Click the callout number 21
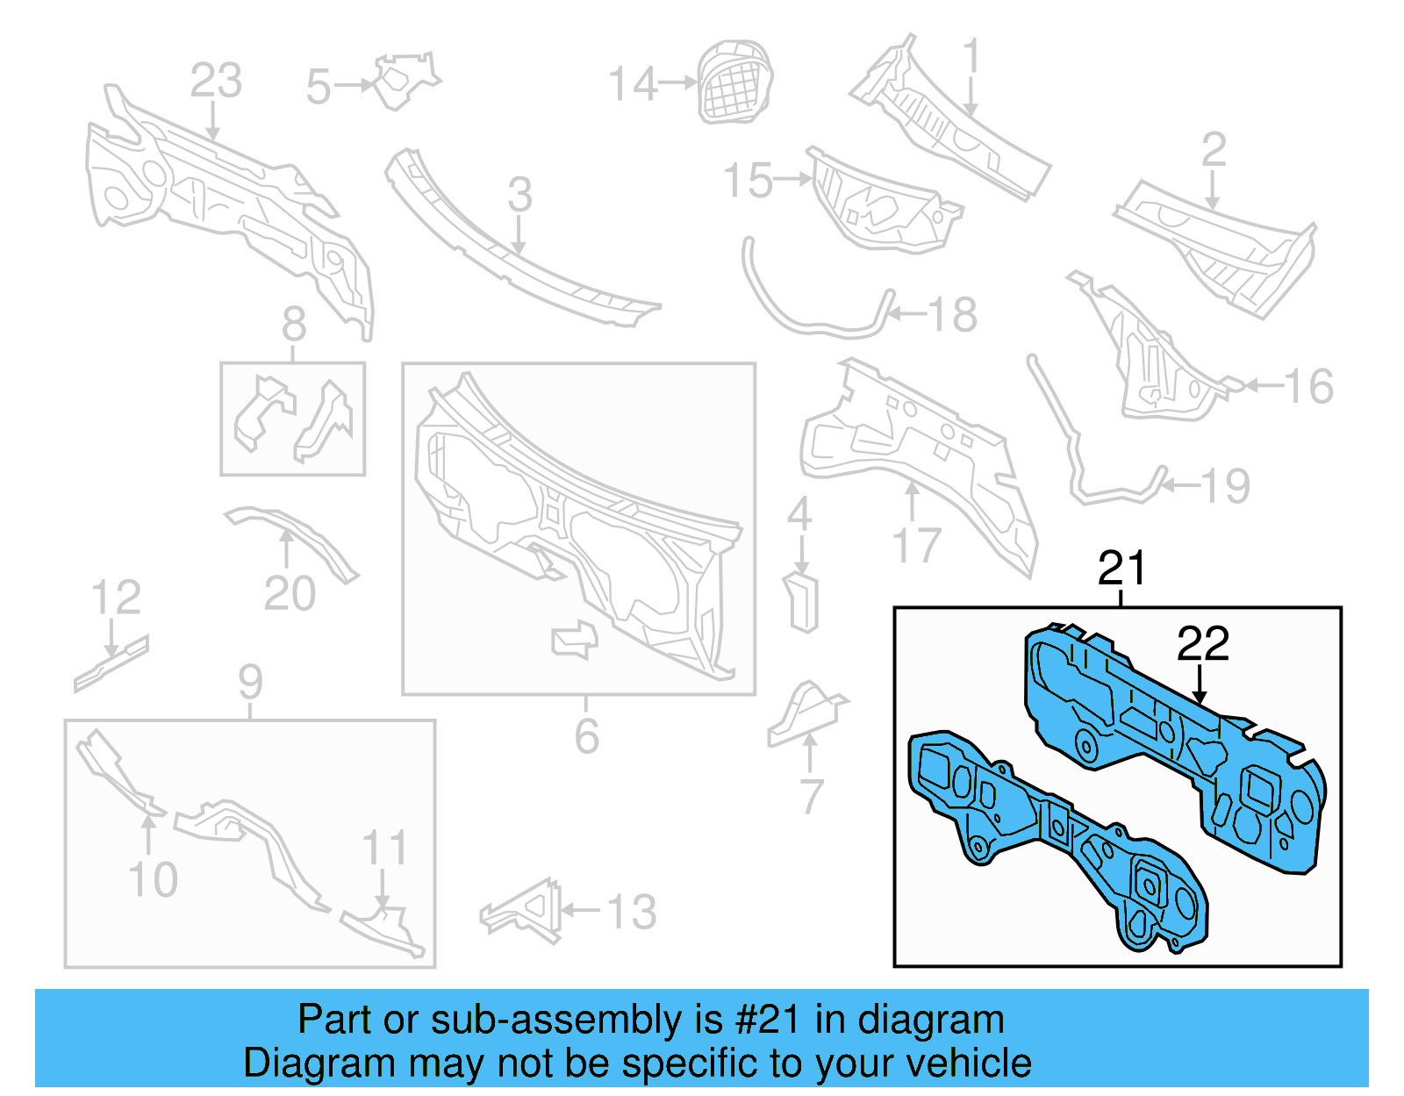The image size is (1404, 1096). click(1121, 568)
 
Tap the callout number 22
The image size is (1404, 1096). click(1202, 644)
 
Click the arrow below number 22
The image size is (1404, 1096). click(1200, 684)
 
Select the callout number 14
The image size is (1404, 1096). click(633, 84)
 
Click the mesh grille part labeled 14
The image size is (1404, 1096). click(734, 82)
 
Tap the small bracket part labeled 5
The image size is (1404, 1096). click(403, 80)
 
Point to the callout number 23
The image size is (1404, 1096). click(216, 81)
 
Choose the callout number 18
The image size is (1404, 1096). click(952, 314)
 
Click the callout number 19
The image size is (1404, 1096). click(1224, 485)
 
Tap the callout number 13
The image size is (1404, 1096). click(631, 912)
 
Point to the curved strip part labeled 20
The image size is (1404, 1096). click(294, 536)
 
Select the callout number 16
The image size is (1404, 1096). click(1308, 386)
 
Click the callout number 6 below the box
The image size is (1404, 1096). click(586, 735)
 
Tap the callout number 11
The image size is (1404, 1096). click(385, 848)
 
